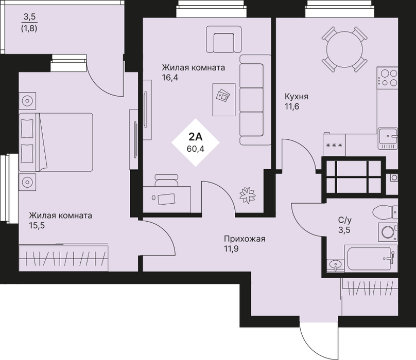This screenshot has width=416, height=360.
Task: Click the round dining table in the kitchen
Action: click(344, 49)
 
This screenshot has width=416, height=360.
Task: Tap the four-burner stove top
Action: click(387, 78)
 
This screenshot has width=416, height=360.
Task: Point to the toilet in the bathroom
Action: click(385, 212)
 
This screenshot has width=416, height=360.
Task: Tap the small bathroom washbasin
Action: click(335, 265)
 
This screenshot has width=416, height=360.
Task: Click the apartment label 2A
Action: click(196, 137)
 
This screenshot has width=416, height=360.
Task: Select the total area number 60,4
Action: click(196, 149)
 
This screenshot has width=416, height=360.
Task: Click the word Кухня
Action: click(297, 97)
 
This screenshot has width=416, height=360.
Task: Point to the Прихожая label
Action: click(245, 239)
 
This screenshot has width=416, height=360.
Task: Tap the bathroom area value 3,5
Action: click(344, 230)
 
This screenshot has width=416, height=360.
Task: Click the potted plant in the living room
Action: click(248, 195)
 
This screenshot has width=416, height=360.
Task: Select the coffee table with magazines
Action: click(224, 100)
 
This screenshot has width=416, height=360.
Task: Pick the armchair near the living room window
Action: click(223, 39)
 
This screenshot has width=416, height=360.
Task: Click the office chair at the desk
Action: click(166, 181)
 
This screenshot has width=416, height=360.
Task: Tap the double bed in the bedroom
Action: click(56, 142)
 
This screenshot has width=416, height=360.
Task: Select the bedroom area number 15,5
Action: click(37, 226)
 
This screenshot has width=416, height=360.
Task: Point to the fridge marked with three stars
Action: click(334, 145)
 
